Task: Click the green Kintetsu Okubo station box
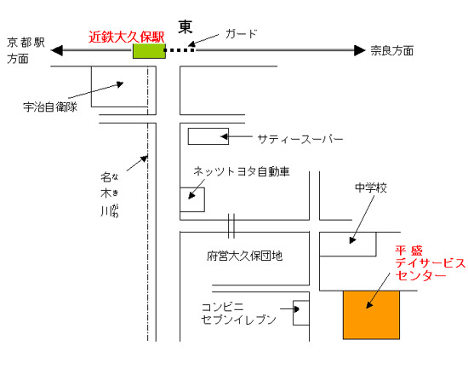[x=149, y=51]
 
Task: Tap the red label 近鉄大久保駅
[x=126, y=37]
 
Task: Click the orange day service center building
[x=371, y=314]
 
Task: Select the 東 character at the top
[x=185, y=27]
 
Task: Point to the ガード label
[x=241, y=33]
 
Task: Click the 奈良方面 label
[x=392, y=50]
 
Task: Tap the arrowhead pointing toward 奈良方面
[x=360, y=50]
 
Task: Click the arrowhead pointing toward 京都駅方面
[x=57, y=50]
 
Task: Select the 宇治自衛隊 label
[x=50, y=107]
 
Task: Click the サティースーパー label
[x=300, y=139]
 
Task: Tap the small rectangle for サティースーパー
[x=208, y=136]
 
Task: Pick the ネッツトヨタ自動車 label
[x=242, y=171]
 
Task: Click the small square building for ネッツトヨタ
[x=192, y=199]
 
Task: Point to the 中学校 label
[x=371, y=187]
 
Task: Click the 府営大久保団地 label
[x=244, y=256]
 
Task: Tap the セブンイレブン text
[x=238, y=320]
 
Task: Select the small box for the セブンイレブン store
[x=301, y=313]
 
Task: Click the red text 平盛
[x=409, y=251]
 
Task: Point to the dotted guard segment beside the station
[x=180, y=50]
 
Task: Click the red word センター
[x=421, y=275]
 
